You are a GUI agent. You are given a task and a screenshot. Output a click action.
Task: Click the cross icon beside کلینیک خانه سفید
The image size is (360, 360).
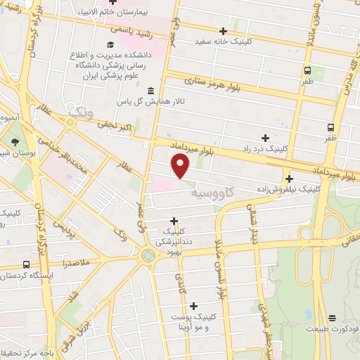224,31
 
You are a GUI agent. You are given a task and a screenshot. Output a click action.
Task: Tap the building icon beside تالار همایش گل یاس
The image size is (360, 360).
152,90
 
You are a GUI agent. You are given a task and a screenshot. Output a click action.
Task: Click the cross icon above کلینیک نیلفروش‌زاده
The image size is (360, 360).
290,178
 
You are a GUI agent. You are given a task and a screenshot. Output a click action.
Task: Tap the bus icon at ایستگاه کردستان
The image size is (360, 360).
27,264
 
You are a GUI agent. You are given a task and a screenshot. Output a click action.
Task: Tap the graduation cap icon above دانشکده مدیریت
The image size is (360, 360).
110,45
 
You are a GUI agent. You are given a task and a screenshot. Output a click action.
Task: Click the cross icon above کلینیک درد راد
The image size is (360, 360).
265,138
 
